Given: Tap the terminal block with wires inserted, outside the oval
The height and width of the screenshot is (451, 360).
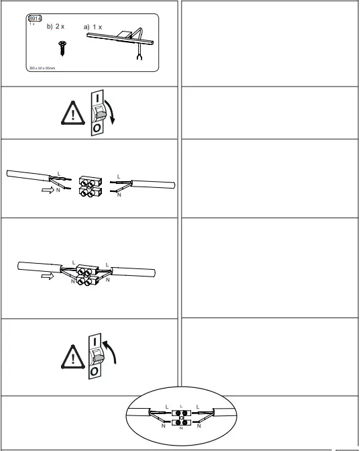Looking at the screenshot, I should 86,276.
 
